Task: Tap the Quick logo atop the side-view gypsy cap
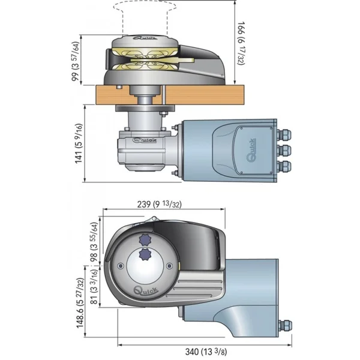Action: (143, 37)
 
